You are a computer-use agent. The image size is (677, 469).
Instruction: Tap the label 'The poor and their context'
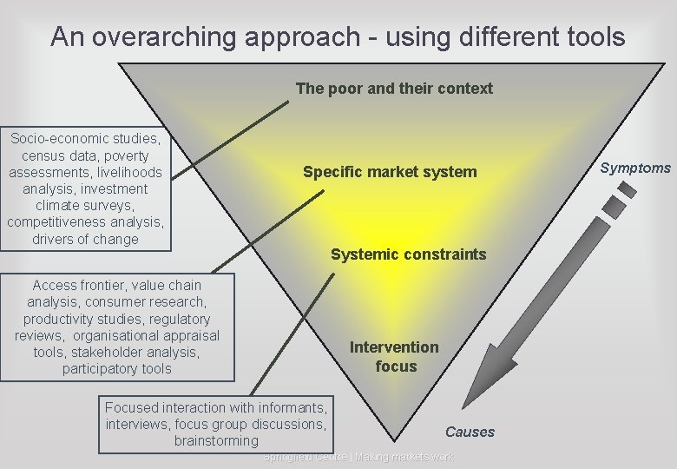tap(393, 89)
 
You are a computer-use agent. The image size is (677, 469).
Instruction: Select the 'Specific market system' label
tap(390, 172)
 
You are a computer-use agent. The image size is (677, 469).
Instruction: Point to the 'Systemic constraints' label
tap(408, 254)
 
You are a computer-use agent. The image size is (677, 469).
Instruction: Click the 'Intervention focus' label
tap(395, 357)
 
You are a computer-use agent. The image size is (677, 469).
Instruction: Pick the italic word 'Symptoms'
tap(635, 168)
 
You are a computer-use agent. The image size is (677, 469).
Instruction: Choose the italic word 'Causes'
tap(470, 432)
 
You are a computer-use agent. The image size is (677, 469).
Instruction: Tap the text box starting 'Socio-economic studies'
tap(85, 188)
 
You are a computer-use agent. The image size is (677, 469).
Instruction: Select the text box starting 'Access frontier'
tap(117, 327)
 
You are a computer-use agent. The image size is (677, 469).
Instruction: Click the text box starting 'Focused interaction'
tap(215, 424)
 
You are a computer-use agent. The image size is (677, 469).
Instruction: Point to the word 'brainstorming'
tap(216, 441)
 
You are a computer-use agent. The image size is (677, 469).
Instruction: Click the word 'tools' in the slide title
tap(595, 37)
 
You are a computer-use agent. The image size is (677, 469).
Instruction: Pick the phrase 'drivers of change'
tap(85, 239)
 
